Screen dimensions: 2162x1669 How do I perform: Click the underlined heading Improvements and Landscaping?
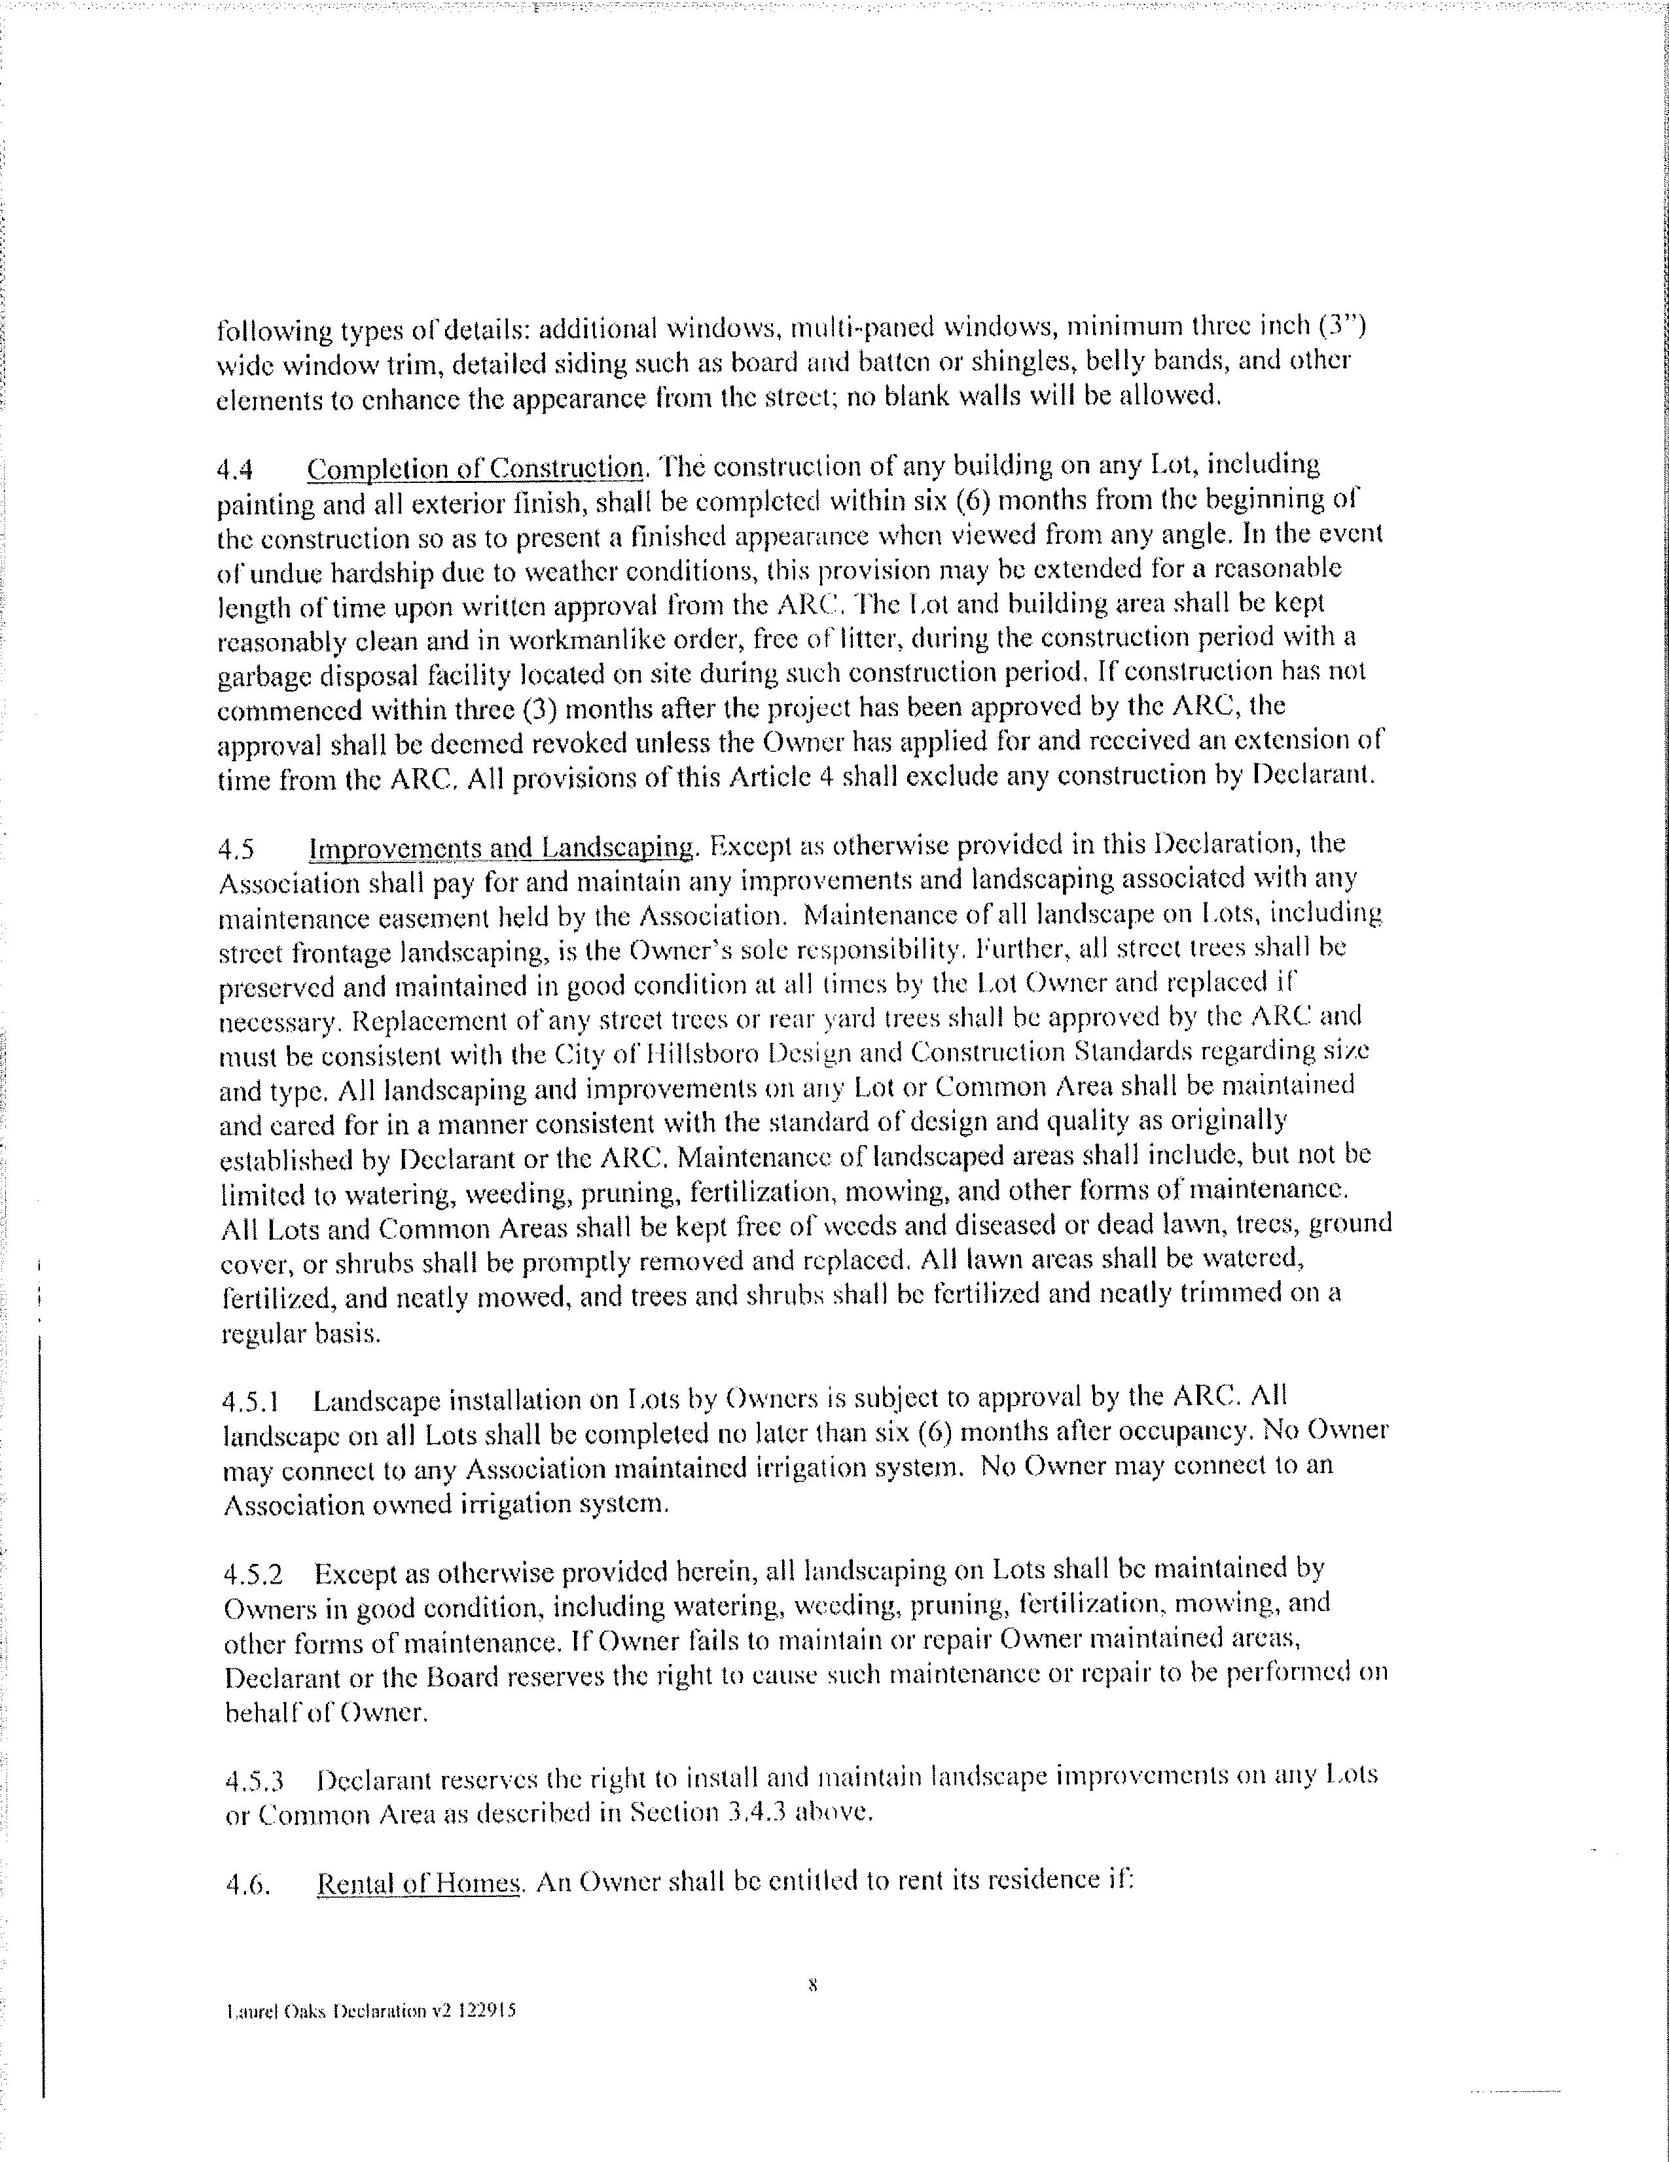click(x=501, y=848)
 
